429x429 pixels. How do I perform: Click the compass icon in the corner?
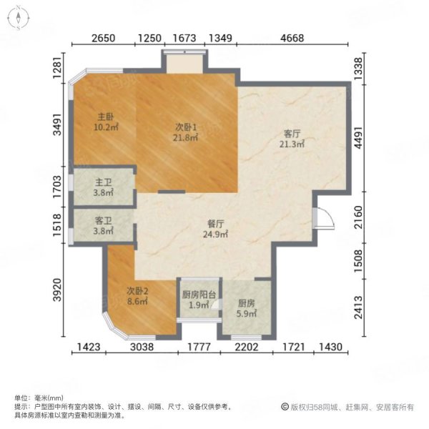18,18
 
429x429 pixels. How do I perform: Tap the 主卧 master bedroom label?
106,117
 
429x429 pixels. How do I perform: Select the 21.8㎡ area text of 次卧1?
185,137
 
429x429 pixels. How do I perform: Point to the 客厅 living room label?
292,134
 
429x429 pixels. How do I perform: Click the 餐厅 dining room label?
215,224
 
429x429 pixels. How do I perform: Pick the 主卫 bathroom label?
103,182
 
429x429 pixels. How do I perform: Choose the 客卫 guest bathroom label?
103,220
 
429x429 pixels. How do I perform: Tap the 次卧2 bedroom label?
137,291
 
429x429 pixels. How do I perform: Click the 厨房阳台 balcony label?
199,295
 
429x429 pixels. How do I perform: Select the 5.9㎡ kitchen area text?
246,314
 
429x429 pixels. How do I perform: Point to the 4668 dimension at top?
292,38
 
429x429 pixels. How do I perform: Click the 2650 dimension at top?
103,38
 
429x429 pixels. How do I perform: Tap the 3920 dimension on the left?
57,290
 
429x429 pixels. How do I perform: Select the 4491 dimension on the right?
358,138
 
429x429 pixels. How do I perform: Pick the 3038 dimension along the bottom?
142,347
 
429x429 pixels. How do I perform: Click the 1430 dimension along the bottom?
331,347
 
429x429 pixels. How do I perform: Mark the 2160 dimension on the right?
358,217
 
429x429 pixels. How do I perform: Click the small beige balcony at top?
184,63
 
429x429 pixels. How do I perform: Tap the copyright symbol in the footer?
285,407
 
